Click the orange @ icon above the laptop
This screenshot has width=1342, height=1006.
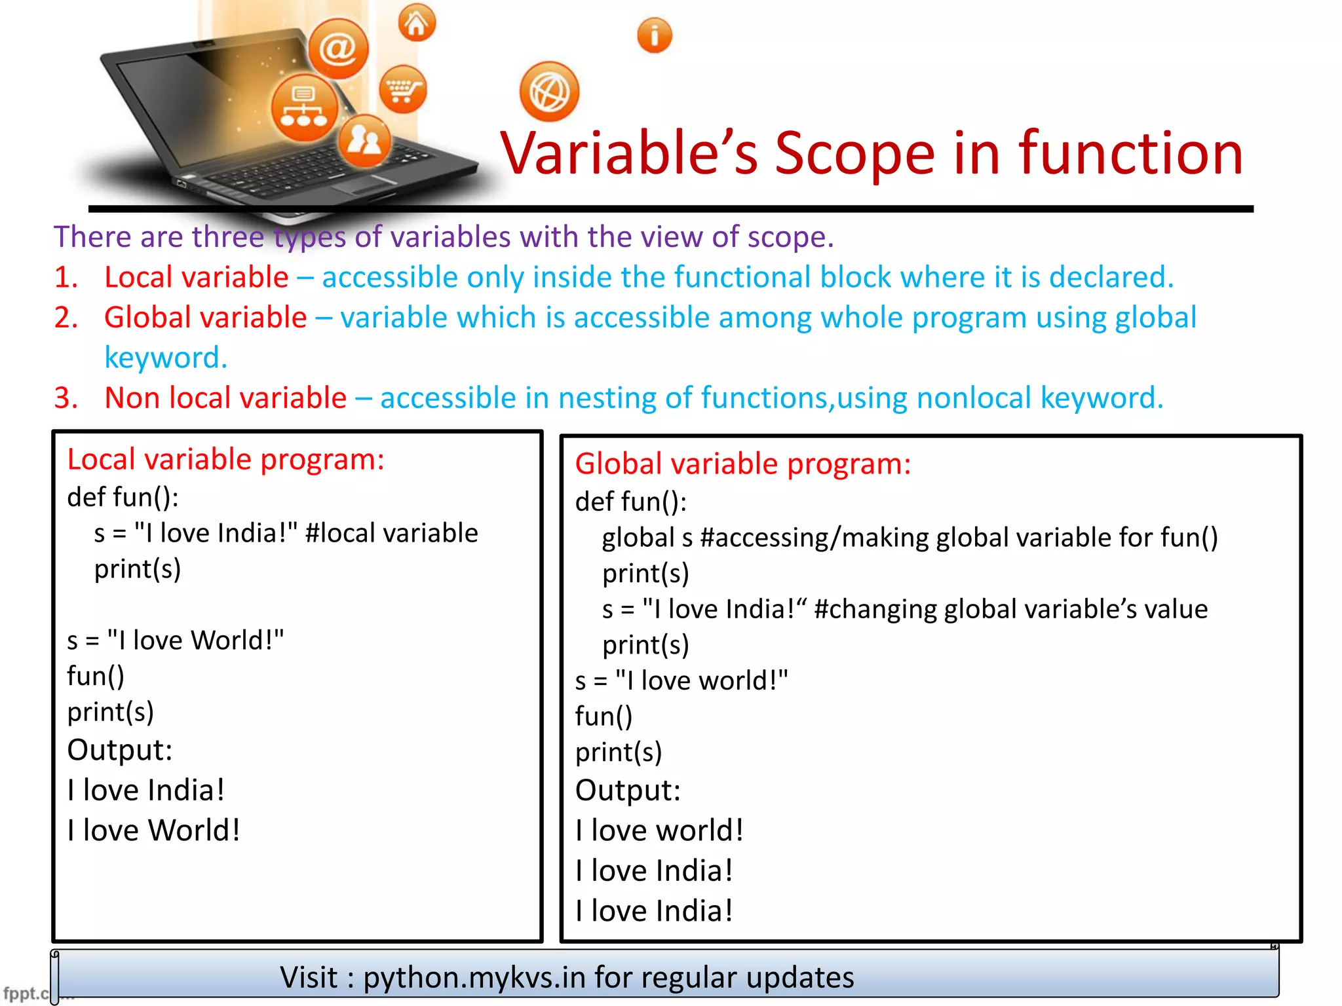tap(338, 48)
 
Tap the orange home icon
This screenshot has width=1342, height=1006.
tap(417, 24)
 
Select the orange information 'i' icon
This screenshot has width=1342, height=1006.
tap(654, 35)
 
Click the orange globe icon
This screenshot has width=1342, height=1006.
tap(549, 92)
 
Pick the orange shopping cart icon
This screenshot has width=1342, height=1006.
tap(402, 89)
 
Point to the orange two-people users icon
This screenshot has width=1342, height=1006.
tap(364, 140)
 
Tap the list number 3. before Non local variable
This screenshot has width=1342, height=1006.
tap(66, 398)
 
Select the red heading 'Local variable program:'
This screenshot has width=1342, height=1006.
tap(225, 459)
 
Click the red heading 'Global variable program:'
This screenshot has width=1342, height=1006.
tap(742, 464)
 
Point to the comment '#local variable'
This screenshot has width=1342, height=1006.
tap(391, 532)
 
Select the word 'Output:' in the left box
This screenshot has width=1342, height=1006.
tap(120, 750)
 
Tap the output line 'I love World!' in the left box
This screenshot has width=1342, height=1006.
tap(154, 830)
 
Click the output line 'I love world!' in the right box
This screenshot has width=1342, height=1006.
tap(659, 830)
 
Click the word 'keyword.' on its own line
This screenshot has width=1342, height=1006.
tap(166, 358)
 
